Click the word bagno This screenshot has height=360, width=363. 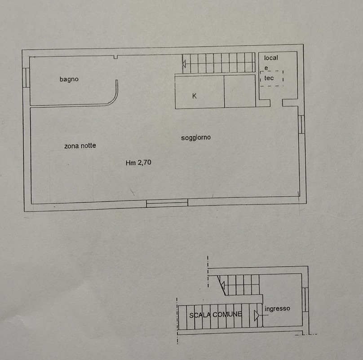pyautogui.click(x=69, y=79)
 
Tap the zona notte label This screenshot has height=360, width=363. pyautogui.click(x=80, y=146)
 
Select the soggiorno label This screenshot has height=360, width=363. pyautogui.click(x=196, y=138)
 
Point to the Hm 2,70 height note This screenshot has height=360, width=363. pyautogui.click(x=138, y=162)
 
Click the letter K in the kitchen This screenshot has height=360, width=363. pyautogui.click(x=194, y=96)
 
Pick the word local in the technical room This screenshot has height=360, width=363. pyautogui.click(x=271, y=58)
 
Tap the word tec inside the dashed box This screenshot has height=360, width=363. pyautogui.click(x=269, y=78)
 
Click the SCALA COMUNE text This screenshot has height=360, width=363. pyautogui.click(x=216, y=315)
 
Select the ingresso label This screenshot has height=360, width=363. pyautogui.click(x=277, y=309)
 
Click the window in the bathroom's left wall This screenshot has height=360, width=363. pyautogui.click(x=26, y=78)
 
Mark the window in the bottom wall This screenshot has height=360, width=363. pyautogui.click(x=167, y=203)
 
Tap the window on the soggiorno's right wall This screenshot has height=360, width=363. pyautogui.click(x=301, y=124)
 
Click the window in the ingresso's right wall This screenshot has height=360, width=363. pyautogui.click(x=305, y=300)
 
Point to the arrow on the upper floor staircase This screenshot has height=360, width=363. pyautogui.click(x=184, y=64)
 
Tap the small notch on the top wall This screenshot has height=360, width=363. pyautogui.click(x=116, y=57)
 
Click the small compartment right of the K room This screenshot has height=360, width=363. pyautogui.click(x=240, y=91)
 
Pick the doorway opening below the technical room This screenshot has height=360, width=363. pyautogui.click(x=276, y=103)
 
